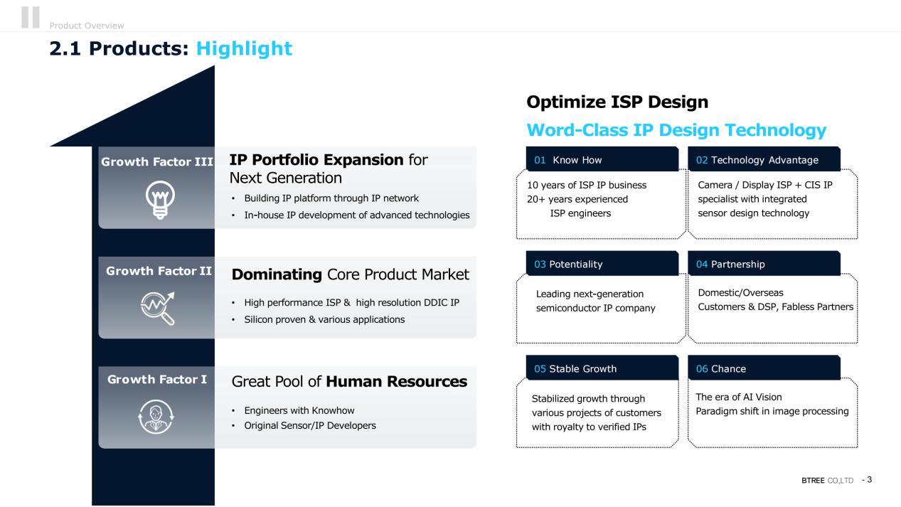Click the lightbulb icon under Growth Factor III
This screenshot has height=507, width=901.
[x=160, y=200]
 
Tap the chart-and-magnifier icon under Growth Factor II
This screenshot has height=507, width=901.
[x=158, y=308]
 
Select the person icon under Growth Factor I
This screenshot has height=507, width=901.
[x=156, y=417]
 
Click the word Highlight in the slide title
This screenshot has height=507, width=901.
[x=244, y=48]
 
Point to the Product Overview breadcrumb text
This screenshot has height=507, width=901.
[x=87, y=26]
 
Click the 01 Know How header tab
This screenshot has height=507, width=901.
[x=602, y=159]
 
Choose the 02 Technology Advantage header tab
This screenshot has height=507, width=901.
[x=764, y=159]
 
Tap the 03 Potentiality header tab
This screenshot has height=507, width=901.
[x=602, y=263]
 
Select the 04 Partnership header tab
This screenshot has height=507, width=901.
[x=764, y=263]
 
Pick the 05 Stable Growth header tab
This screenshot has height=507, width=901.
[x=602, y=368]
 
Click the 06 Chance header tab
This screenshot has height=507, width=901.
[x=764, y=368]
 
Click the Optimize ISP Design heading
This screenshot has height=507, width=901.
[x=617, y=102]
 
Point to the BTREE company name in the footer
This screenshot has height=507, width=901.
[x=813, y=481]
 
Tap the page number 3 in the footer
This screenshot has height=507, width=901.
[x=869, y=480]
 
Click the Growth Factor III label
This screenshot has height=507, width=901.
[x=157, y=161]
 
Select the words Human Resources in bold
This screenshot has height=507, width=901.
[x=397, y=381]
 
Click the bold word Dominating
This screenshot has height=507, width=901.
[x=277, y=274]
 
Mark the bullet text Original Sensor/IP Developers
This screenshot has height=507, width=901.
[x=310, y=425]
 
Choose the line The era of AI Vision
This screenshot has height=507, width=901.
[x=739, y=397]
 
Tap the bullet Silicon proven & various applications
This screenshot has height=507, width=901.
[x=324, y=319]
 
